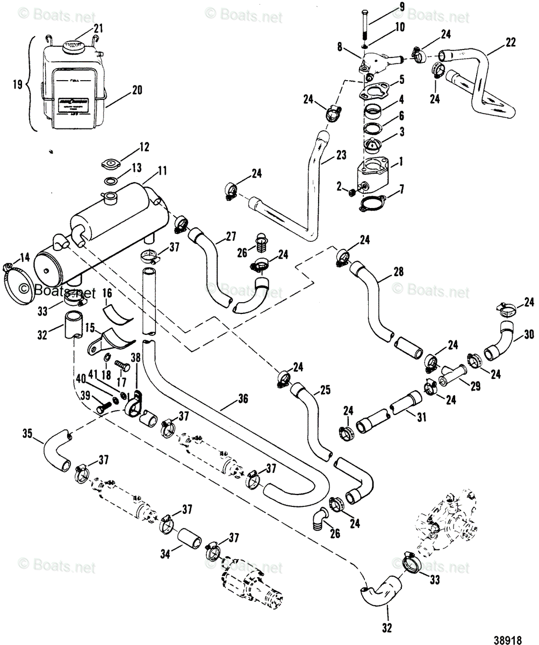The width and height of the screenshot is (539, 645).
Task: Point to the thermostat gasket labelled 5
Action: point(375,89)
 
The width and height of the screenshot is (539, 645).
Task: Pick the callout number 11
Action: point(163,172)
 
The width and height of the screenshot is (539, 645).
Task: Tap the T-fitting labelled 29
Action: point(452,375)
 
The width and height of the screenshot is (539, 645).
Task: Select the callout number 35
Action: point(30,433)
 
